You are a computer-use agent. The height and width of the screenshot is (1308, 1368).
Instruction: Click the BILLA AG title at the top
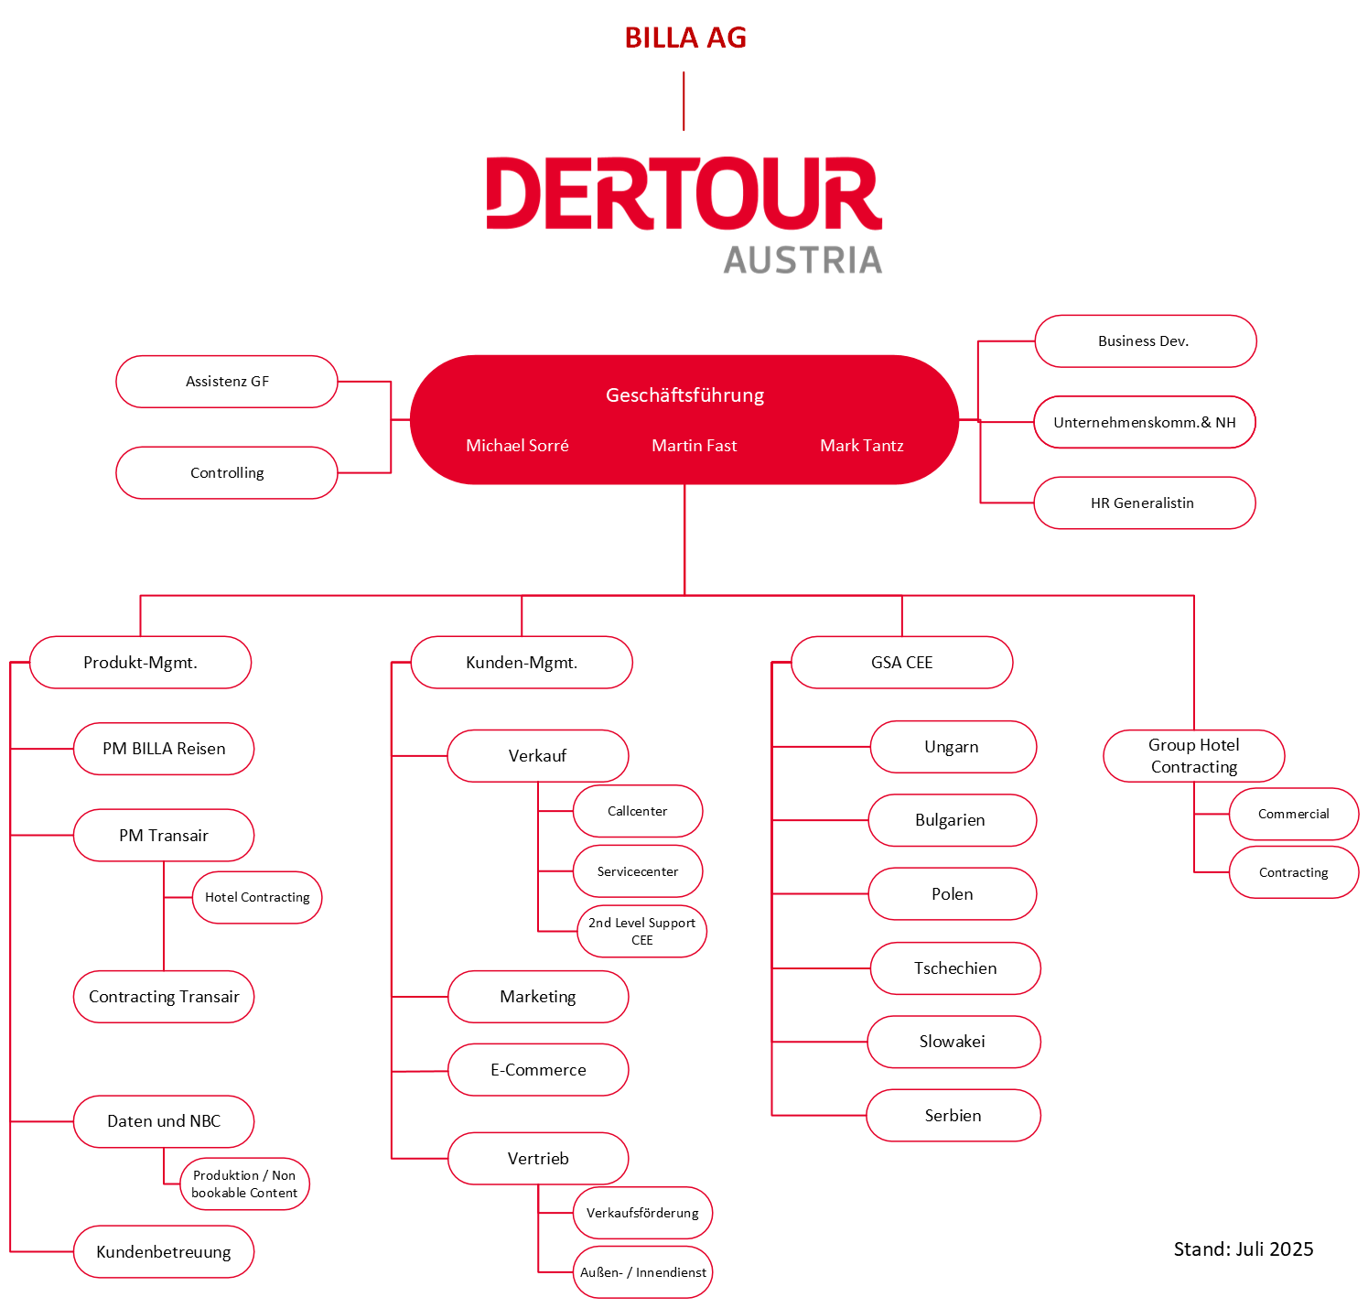click(685, 38)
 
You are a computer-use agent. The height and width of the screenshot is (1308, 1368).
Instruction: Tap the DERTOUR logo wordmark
click(684, 194)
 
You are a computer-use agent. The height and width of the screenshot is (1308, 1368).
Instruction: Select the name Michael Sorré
click(517, 446)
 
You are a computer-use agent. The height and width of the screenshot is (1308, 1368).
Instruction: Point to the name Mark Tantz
click(861, 446)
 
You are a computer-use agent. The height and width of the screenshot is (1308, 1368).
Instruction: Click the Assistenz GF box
click(227, 382)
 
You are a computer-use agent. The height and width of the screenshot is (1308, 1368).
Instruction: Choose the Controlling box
click(227, 473)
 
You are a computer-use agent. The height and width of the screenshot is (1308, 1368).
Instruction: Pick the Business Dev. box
click(1145, 341)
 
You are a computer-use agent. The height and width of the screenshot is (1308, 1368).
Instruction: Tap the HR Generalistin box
click(1144, 503)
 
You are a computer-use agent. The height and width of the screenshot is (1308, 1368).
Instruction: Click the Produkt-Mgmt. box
click(140, 663)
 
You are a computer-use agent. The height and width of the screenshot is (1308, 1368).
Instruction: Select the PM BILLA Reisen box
click(164, 749)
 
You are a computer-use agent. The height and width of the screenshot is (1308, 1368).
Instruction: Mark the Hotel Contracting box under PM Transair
click(257, 898)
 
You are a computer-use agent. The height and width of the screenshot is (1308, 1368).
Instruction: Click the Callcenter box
click(638, 812)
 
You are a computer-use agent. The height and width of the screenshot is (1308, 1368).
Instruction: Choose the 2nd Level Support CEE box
click(641, 932)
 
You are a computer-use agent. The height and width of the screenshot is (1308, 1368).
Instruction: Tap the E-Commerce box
click(538, 1070)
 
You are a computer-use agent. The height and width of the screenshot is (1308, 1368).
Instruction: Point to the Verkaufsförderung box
click(642, 1214)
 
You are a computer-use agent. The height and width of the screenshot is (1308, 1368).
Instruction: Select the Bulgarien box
click(952, 821)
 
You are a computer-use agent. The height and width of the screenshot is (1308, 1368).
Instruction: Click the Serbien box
click(953, 1116)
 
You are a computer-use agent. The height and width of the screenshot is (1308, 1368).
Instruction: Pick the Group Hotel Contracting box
click(1193, 756)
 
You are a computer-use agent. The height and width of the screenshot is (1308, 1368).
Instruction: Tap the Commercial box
click(1293, 815)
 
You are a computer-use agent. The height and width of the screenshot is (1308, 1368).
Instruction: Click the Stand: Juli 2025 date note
click(1243, 1249)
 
